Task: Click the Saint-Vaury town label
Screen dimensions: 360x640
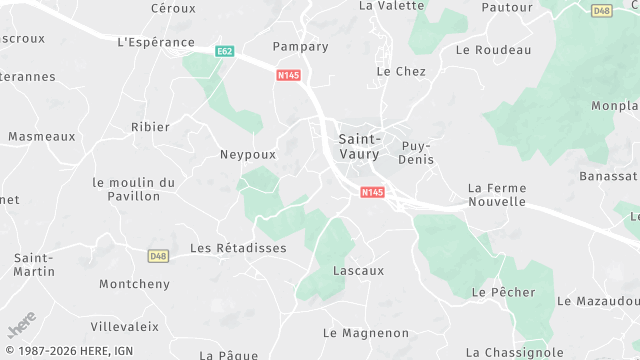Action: pos(360,146)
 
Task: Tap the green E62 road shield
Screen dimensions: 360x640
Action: pos(224,50)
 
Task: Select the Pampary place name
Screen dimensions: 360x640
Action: pos(300,46)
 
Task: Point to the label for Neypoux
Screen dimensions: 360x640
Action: pos(247,155)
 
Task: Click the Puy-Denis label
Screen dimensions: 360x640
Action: pos(417,151)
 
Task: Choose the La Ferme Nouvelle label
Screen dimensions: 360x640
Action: pos(496,194)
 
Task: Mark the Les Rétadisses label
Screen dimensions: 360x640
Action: pos(238,248)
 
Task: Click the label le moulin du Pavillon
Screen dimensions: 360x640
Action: pos(133,189)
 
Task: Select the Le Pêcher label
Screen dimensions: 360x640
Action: pos(503,292)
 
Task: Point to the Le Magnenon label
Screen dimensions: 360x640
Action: pos(366,332)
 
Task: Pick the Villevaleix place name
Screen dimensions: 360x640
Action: pos(125,326)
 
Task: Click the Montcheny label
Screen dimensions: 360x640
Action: pos(134,284)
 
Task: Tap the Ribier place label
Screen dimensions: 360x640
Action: pos(150,127)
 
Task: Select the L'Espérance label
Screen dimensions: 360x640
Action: pos(156,42)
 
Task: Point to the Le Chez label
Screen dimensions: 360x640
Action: pos(401,71)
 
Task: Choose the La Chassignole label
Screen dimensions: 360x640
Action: pos(516,352)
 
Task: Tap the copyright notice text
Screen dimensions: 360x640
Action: pos(68,351)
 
